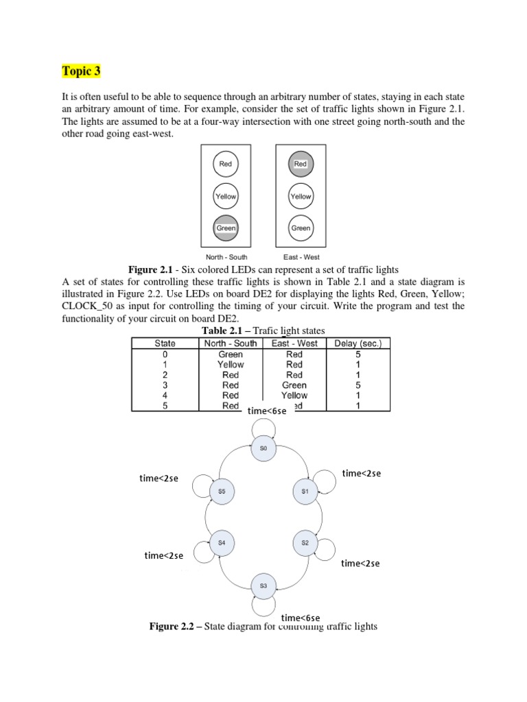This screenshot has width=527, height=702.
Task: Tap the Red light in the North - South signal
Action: (226, 164)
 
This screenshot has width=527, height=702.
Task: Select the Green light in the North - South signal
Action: (226, 228)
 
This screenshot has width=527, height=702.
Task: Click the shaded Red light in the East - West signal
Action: (301, 164)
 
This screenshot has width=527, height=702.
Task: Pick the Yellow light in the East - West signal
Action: (301, 196)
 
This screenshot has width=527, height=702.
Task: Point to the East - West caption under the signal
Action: (301, 257)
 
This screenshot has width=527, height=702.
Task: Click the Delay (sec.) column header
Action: (362, 343)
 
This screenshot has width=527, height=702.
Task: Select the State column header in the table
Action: (165, 343)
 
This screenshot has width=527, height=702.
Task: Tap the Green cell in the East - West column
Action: (294, 385)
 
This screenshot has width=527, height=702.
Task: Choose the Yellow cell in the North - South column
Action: (231, 365)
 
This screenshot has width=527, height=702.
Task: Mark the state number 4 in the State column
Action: (165, 396)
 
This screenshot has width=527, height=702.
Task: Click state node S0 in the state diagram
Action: (263, 448)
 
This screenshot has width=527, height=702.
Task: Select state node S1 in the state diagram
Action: (305, 492)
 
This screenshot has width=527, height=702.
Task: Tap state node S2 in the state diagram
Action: (305, 542)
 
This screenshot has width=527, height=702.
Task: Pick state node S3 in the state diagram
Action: (263, 585)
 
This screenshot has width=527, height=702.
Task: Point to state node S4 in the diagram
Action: (222, 542)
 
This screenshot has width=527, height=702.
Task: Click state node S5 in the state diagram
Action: (222, 492)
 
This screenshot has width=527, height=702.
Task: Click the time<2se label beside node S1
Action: (361, 474)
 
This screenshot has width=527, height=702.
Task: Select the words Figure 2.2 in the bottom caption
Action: (172, 627)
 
